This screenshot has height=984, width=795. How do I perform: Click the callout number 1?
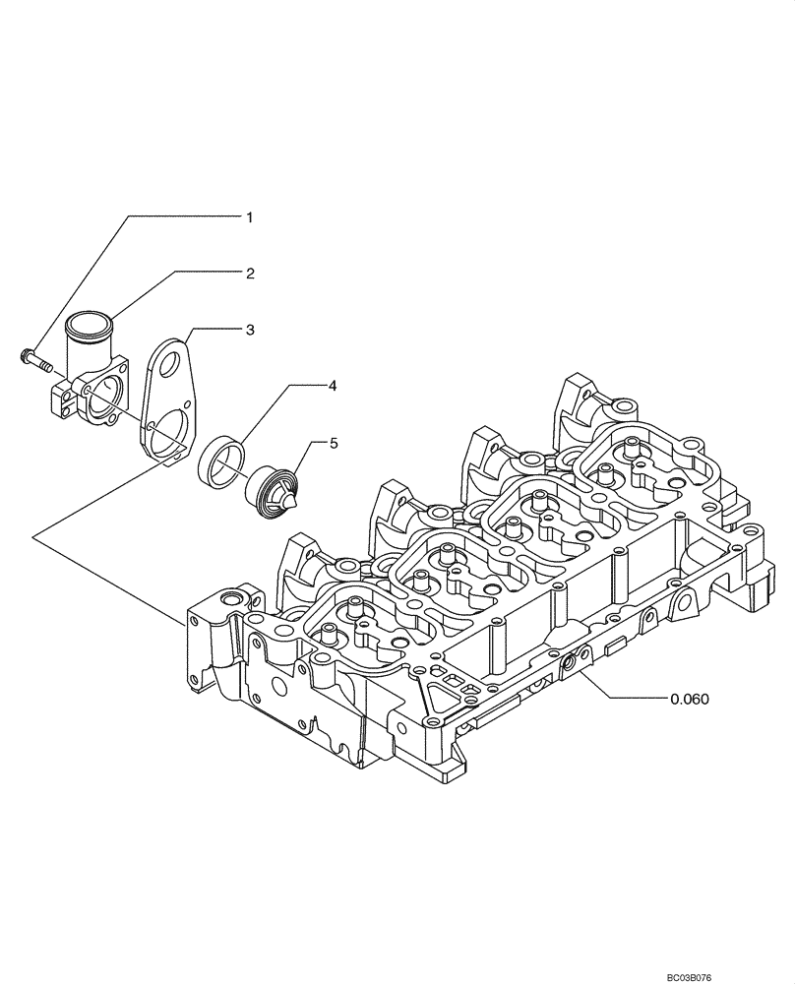pyautogui.click(x=250, y=216)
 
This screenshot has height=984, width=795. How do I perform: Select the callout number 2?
pyautogui.click(x=250, y=273)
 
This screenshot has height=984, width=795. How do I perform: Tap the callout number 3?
pyautogui.click(x=250, y=330)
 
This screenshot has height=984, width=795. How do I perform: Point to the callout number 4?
pyautogui.click(x=333, y=387)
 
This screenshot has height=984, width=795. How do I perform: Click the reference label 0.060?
pyautogui.click(x=689, y=699)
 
